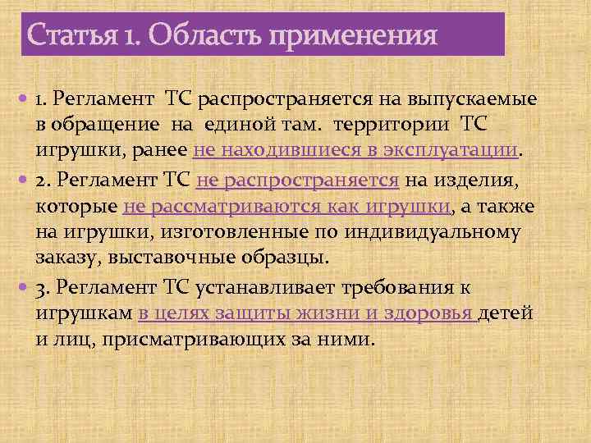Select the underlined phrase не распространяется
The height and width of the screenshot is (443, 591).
point(298,179)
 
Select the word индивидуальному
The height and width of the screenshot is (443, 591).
point(441,231)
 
